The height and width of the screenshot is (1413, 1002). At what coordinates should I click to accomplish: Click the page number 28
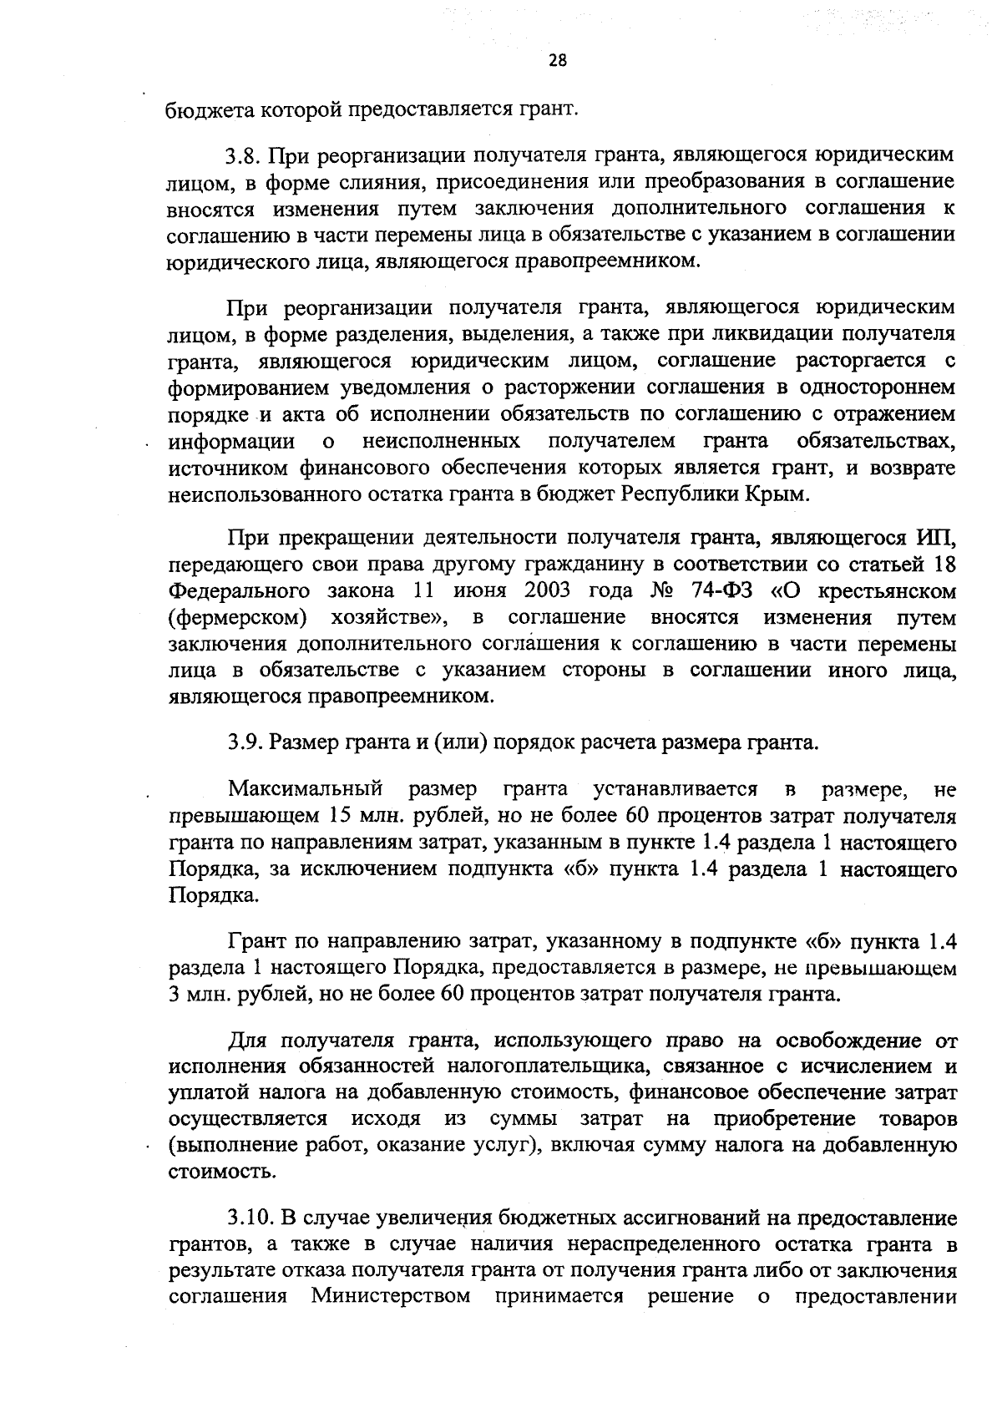coord(558,59)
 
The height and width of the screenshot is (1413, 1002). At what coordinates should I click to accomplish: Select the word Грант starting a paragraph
coord(258,943)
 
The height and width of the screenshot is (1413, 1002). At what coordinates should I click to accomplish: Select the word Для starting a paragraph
coord(249,1041)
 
